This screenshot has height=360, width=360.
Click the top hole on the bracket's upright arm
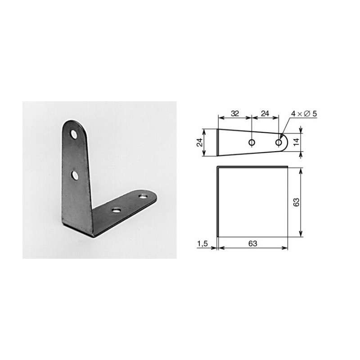pyautogui.click(x=73, y=134)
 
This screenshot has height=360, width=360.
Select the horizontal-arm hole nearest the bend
pyautogui.click(x=117, y=210)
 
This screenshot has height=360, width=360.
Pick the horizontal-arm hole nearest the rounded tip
pyautogui.click(x=144, y=196)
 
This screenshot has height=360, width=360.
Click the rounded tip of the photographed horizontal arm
pyautogui.click(x=154, y=198)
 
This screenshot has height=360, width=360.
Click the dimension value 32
pyautogui.click(x=234, y=113)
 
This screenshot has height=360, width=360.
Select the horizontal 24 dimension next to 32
pyautogui.click(x=265, y=113)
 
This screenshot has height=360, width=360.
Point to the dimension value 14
pyautogui.click(x=308, y=143)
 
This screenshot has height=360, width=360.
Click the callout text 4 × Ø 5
pyautogui.click(x=304, y=114)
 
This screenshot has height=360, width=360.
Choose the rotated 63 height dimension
pyautogui.click(x=308, y=201)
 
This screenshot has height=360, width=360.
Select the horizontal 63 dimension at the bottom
pyautogui.click(x=252, y=243)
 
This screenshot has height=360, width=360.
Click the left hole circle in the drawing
pyautogui.click(x=252, y=143)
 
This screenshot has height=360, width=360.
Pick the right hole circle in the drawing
pyautogui.click(x=279, y=143)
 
